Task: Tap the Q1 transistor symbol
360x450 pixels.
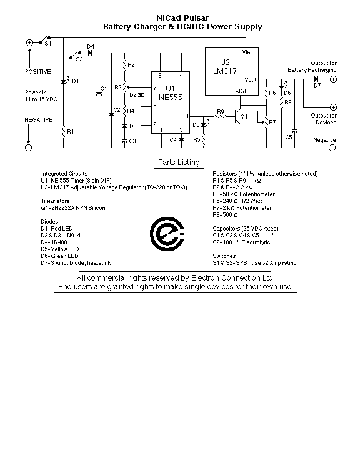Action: pyautogui.click(x=237, y=116)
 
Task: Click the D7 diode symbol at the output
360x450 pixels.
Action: pyautogui.click(x=316, y=79)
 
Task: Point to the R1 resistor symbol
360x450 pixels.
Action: pyautogui.click(x=64, y=132)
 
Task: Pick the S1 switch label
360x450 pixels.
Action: pyautogui.click(x=48, y=44)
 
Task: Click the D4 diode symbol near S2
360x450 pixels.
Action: pyautogui.click(x=90, y=52)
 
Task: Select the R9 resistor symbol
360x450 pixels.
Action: pyautogui.click(x=221, y=116)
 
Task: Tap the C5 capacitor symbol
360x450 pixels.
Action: pyautogui.click(x=294, y=131)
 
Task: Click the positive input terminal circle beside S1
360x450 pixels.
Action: pyautogui.click(x=29, y=42)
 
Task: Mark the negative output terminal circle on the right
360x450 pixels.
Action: pyautogui.click(x=332, y=147)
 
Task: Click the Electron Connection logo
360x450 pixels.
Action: pyautogui.click(x=167, y=234)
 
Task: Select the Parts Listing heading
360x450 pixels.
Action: pyautogui.click(x=179, y=162)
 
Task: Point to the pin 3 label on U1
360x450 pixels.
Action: pyautogui.click(x=187, y=116)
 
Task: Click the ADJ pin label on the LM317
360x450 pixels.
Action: pyautogui.click(x=241, y=91)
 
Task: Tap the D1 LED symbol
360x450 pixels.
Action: pyautogui.click(x=64, y=81)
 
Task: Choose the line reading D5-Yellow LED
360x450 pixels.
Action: pyautogui.click(x=60, y=249)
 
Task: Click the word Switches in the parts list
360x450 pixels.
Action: pyautogui.click(x=224, y=256)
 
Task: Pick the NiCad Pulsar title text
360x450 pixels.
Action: pyautogui.click(x=183, y=17)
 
